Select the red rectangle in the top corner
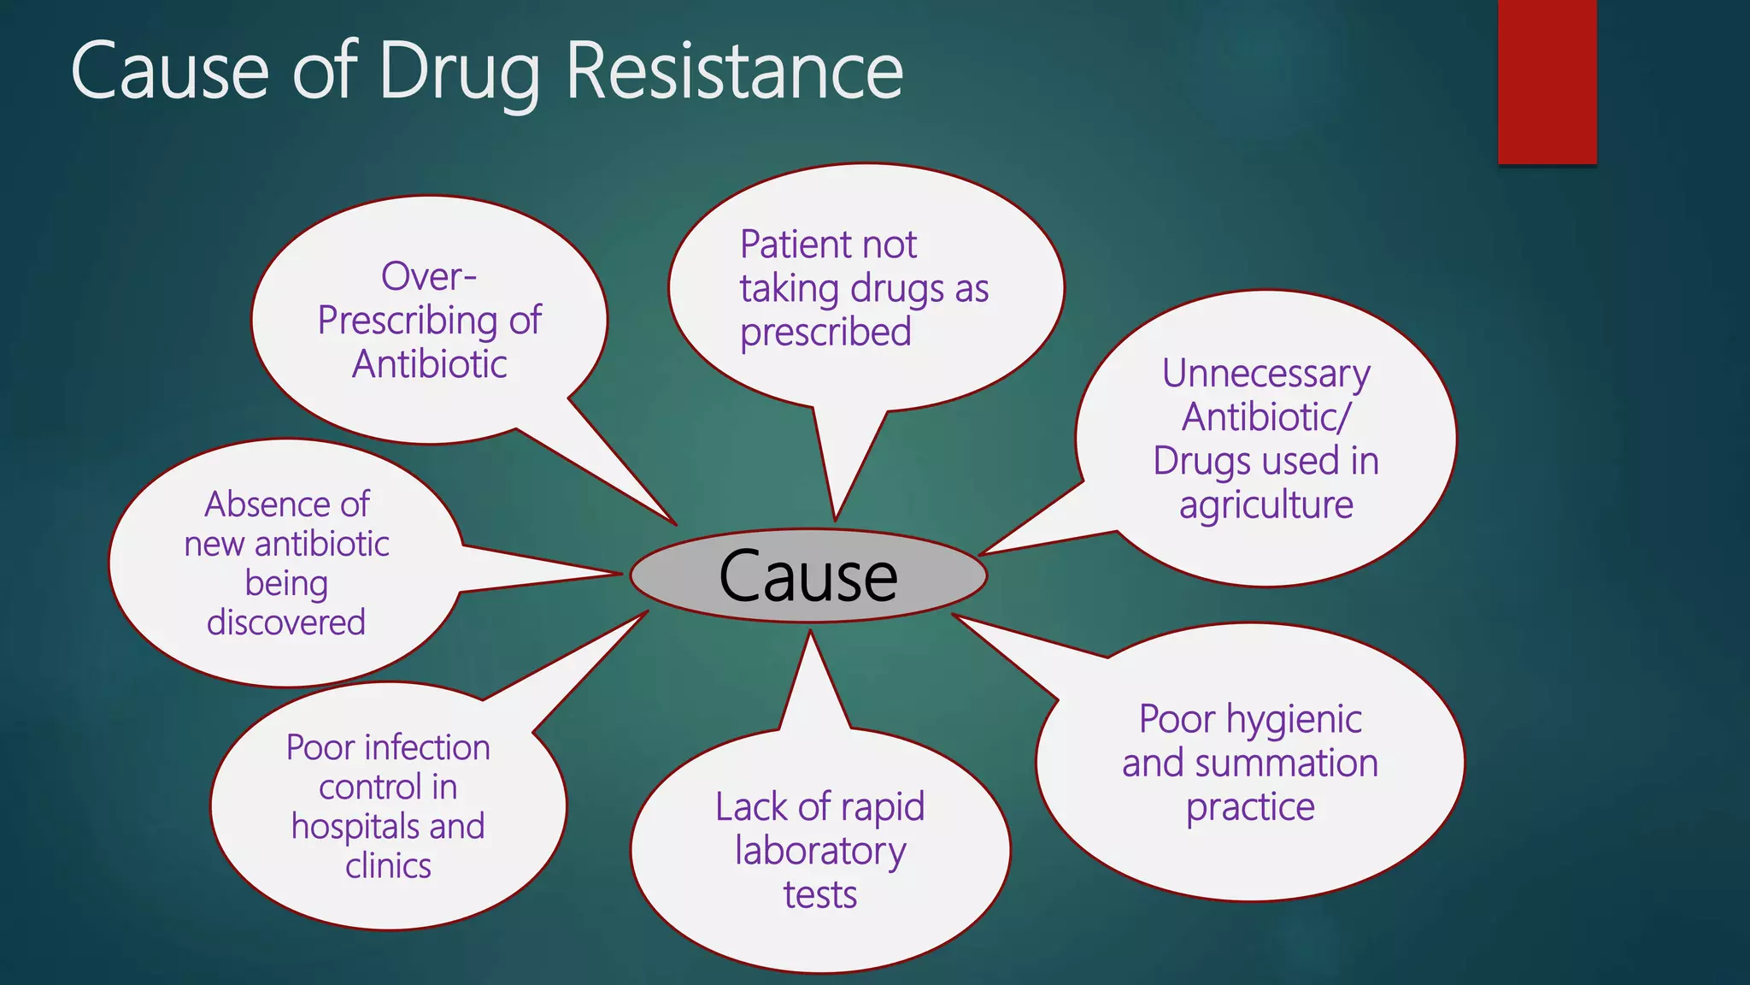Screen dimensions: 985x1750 (1547, 81)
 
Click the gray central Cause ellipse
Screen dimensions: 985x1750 (808, 575)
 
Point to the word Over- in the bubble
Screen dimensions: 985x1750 (429, 276)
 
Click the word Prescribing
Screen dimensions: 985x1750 (408, 321)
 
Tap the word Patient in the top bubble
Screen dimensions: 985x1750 (788, 245)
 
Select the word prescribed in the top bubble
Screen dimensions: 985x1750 (825, 333)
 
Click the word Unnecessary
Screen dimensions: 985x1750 (1266, 375)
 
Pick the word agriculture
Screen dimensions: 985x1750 (1266, 505)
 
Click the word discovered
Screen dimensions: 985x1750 (286, 622)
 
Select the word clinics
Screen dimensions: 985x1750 (388, 866)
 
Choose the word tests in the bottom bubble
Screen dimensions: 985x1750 (820, 895)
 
